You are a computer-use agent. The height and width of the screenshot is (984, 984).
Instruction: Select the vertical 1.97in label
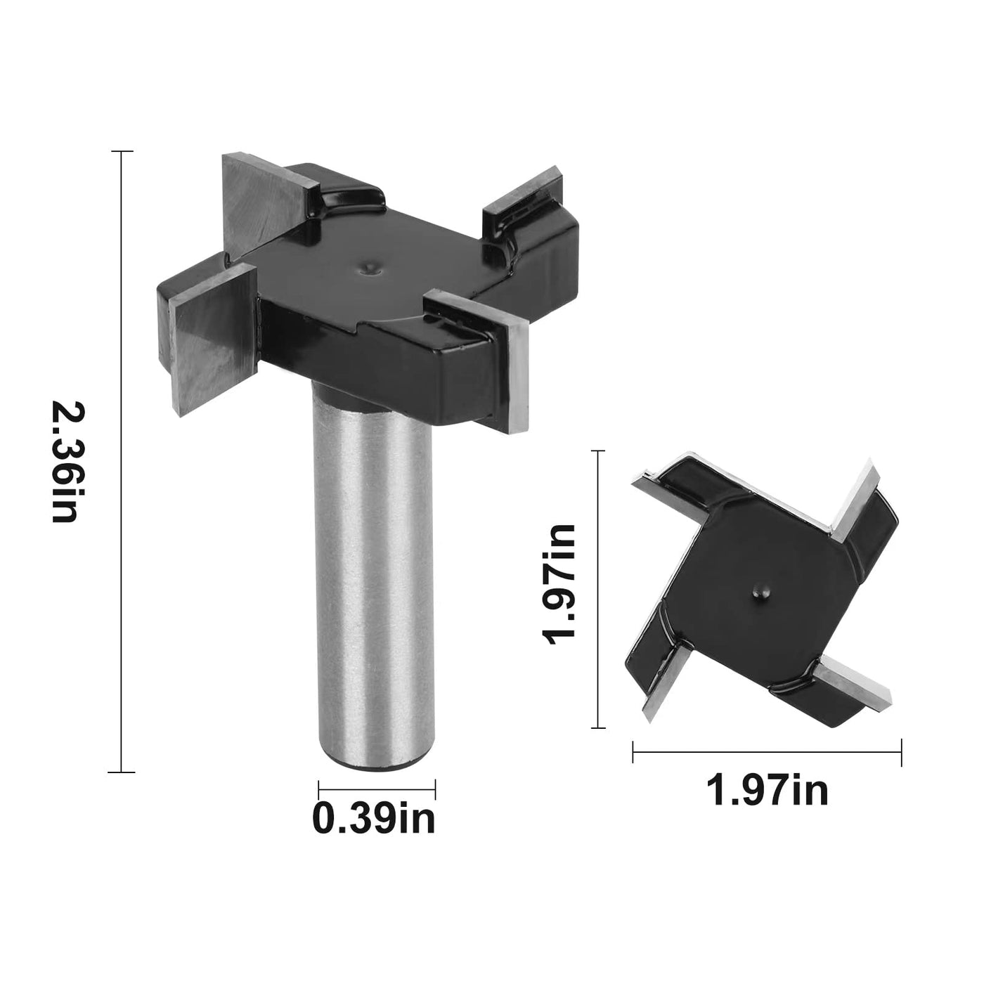(x=559, y=585)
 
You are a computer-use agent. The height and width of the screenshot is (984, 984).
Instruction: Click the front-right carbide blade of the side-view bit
(x=480, y=358)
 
